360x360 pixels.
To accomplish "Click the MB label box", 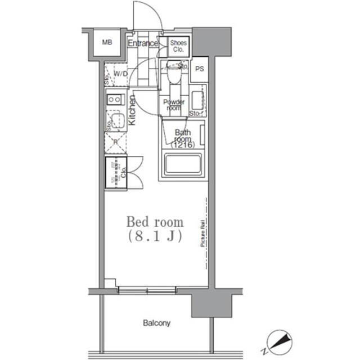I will tap(106, 42).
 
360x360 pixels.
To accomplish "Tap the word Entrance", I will tap(142, 43).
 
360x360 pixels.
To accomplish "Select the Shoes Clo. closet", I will tap(179, 46).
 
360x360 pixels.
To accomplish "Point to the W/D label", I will tap(120, 74).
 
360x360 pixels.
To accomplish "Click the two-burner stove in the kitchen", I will tap(115, 99).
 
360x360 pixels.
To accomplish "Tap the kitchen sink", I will tap(117, 120).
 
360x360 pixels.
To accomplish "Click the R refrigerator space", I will tap(115, 142).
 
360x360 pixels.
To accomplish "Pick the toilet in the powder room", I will tap(174, 75).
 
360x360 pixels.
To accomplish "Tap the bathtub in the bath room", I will tap(183, 165).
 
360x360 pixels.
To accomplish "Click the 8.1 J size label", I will tap(154, 236).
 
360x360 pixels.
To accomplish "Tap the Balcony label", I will tap(156, 323).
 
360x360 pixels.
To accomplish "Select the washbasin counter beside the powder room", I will tap(198, 101).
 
